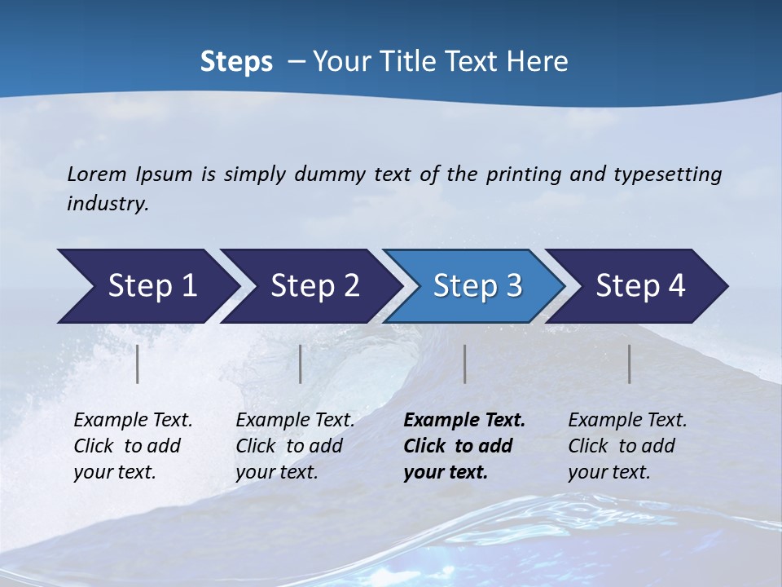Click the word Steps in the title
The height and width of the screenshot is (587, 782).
tap(236, 62)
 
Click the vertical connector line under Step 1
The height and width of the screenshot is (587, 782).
tap(138, 364)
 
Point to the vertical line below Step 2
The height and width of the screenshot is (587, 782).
tap(301, 364)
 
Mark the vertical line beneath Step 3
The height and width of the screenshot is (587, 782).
tap(464, 364)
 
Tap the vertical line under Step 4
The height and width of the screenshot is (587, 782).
tap(629, 364)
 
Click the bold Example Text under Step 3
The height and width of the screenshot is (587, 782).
tap(463, 446)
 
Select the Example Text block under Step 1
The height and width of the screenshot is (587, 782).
tap(132, 446)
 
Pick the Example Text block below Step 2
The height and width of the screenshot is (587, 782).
tap(294, 446)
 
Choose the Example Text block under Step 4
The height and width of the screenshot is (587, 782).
tap(626, 446)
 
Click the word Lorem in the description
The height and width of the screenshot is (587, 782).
tap(97, 174)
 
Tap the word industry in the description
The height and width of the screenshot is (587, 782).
tap(106, 204)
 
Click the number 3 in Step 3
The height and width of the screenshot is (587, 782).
tap(513, 286)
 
